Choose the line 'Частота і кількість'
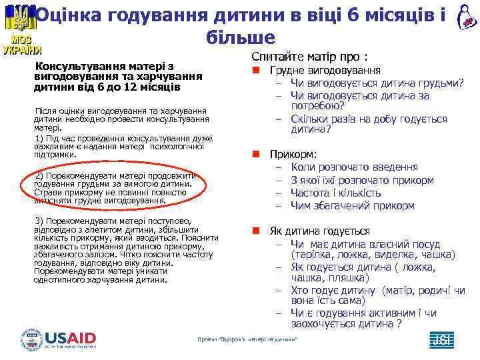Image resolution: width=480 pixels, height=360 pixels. (336, 193)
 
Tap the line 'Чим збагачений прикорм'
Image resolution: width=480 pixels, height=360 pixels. (353, 205)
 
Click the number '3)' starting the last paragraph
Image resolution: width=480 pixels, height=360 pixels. (38, 221)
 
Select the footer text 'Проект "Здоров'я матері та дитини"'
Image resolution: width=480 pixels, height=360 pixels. (247, 341)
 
